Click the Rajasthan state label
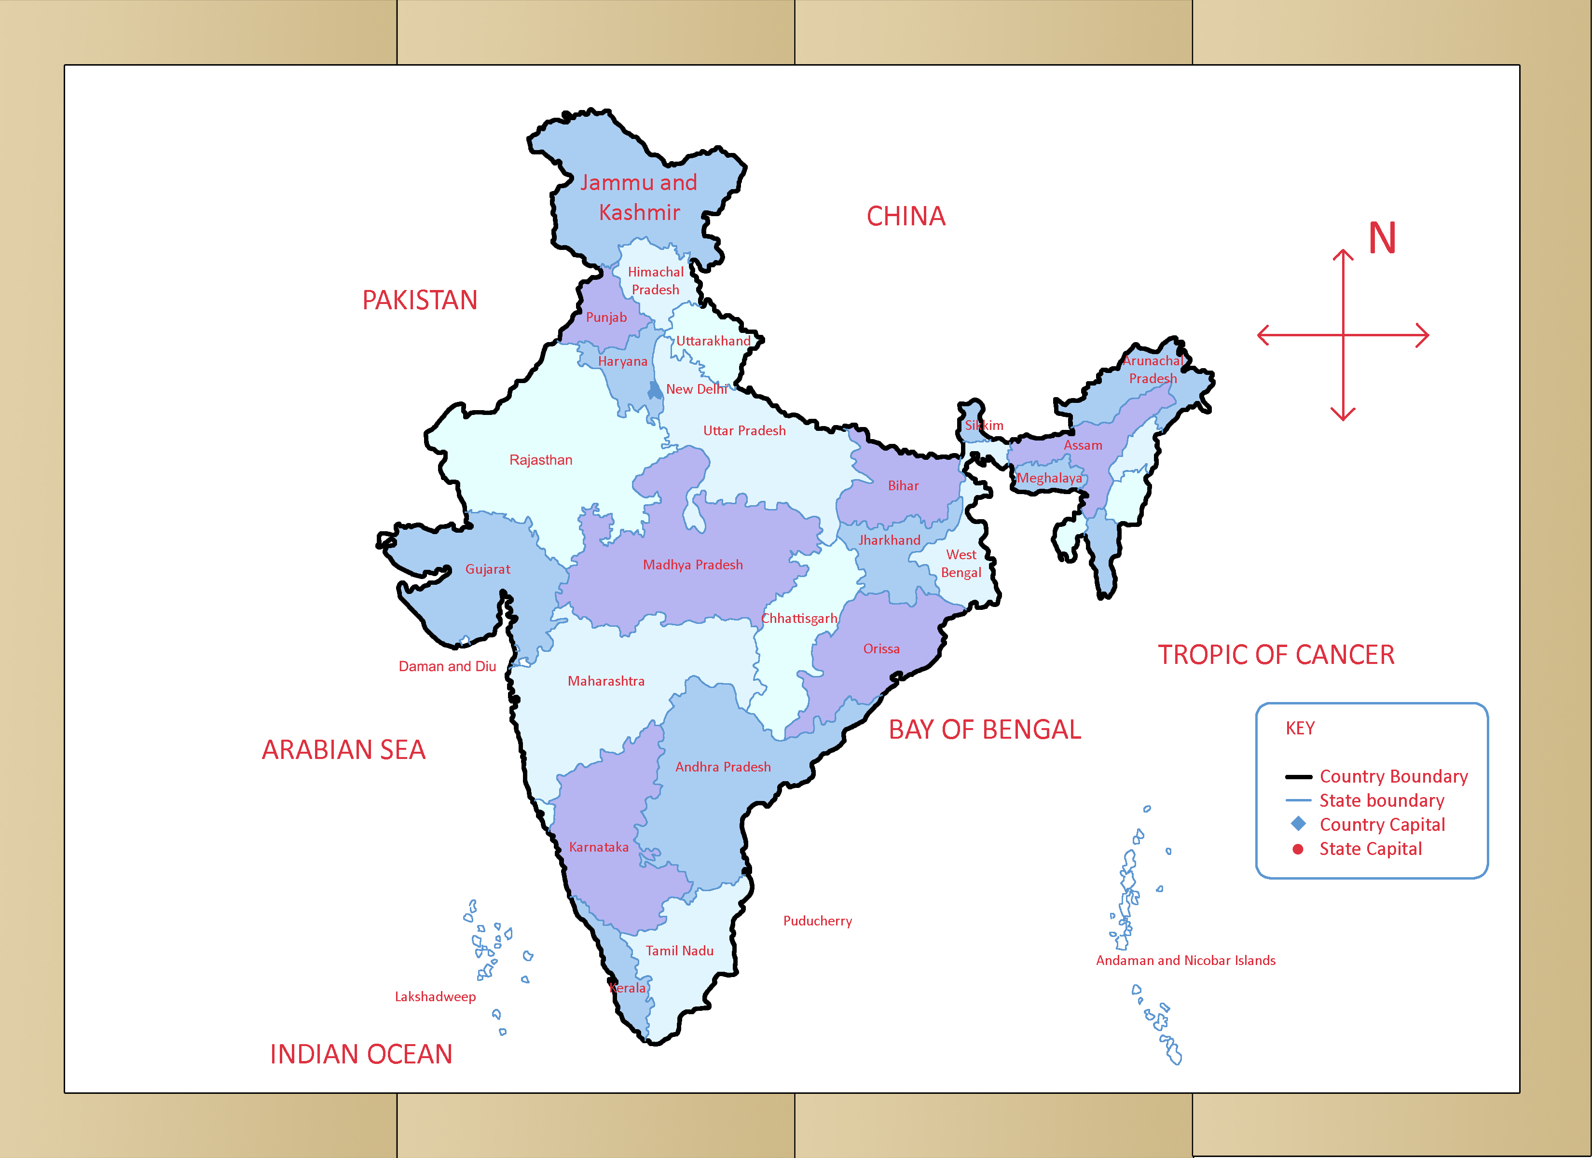(x=540, y=460)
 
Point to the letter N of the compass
(x=1381, y=239)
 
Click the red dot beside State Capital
(x=1298, y=849)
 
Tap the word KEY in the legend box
(x=1300, y=728)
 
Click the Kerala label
(x=628, y=988)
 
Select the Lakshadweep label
(x=435, y=996)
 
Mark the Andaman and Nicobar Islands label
(x=1186, y=960)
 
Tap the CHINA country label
(x=906, y=216)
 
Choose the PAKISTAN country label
(x=420, y=301)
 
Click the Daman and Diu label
(x=447, y=666)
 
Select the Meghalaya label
(x=1049, y=478)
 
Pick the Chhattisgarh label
(x=799, y=619)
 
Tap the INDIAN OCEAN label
(x=361, y=1054)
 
